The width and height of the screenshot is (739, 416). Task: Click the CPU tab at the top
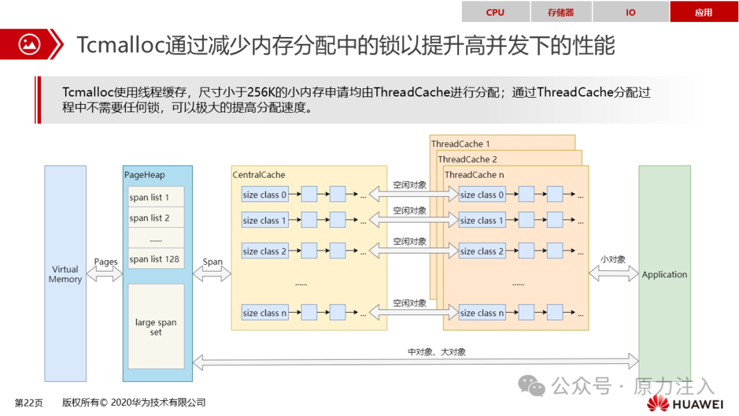(x=495, y=12)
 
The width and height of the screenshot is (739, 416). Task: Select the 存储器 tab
(x=561, y=12)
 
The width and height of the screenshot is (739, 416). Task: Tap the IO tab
(x=631, y=12)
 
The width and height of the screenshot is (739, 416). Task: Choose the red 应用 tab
(x=703, y=12)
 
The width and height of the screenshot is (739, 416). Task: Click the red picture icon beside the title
(x=29, y=44)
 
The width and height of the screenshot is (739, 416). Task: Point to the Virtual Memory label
(x=65, y=274)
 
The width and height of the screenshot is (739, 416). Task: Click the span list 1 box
(x=156, y=197)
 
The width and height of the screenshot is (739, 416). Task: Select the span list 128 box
(x=156, y=259)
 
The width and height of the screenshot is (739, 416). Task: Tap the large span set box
(x=156, y=326)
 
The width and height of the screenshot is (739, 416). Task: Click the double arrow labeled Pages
(x=105, y=274)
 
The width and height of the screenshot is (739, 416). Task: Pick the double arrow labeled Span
(x=211, y=274)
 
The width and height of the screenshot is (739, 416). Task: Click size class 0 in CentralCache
(x=264, y=194)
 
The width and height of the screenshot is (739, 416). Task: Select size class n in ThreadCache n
(x=482, y=313)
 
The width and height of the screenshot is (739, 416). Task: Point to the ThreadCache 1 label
(x=461, y=144)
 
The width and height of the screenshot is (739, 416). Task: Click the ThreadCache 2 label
(x=467, y=159)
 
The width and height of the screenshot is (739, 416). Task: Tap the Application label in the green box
(x=664, y=274)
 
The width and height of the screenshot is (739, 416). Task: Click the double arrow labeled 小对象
(x=614, y=274)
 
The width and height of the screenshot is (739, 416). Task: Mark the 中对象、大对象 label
(x=437, y=352)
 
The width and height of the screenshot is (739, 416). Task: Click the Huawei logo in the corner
(x=685, y=403)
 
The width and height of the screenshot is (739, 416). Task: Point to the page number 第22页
(x=29, y=403)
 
